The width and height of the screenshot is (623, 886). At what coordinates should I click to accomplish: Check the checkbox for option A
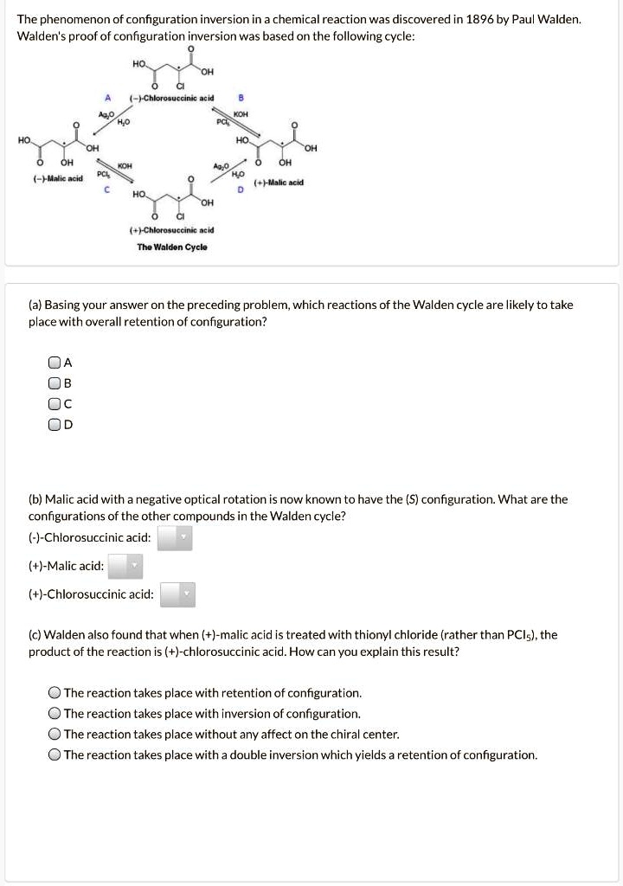[55, 363]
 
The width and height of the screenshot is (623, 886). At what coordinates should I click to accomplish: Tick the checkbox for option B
[55, 383]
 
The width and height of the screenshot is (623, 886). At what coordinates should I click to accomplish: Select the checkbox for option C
[55, 403]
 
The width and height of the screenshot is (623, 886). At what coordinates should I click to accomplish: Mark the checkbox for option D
[55, 424]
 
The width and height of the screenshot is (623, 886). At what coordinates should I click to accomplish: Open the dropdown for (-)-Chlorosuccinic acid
[175, 538]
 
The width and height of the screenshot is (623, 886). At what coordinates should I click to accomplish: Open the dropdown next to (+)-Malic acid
[125, 567]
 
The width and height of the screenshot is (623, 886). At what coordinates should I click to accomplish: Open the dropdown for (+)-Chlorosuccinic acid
[178, 594]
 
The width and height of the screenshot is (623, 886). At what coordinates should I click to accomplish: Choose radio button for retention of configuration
[55, 693]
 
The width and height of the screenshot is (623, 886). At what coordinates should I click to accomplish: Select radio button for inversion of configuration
[55, 714]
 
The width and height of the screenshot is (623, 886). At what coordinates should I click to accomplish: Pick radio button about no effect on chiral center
[55, 735]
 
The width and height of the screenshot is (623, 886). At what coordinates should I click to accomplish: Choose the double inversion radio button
[55, 755]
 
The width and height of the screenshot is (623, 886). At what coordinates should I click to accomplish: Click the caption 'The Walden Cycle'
[171, 247]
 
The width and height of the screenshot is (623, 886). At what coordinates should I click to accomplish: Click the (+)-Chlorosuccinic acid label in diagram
[171, 230]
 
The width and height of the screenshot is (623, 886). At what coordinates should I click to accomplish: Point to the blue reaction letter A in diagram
[106, 98]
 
